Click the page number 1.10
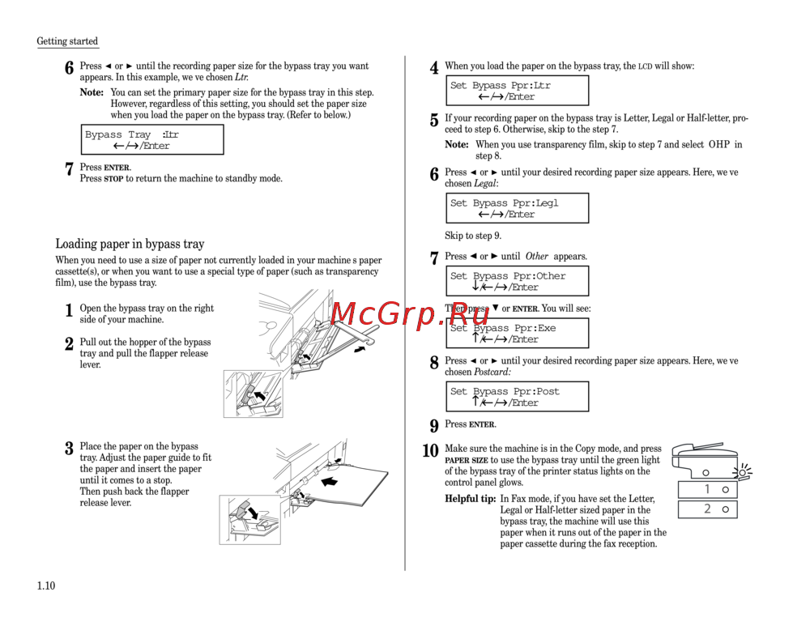tap(45, 586)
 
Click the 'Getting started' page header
tap(67, 41)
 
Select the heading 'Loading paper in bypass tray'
tap(130, 244)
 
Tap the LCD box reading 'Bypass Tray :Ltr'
tap(152, 140)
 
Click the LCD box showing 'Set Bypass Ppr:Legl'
tap(517, 208)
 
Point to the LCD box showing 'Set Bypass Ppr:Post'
tap(517, 397)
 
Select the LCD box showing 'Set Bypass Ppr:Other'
tap(517, 281)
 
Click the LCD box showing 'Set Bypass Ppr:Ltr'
tap(517, 91)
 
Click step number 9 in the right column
tap(434, 425)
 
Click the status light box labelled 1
tap(707, 489)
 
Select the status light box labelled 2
tap(707, 509)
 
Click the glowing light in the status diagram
tap(740, 472)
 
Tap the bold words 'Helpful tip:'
tap(471, 499)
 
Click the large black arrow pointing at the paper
tap(331, 482)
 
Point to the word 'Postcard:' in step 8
tap(492, 373)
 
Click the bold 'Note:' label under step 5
tap(457, 145)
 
